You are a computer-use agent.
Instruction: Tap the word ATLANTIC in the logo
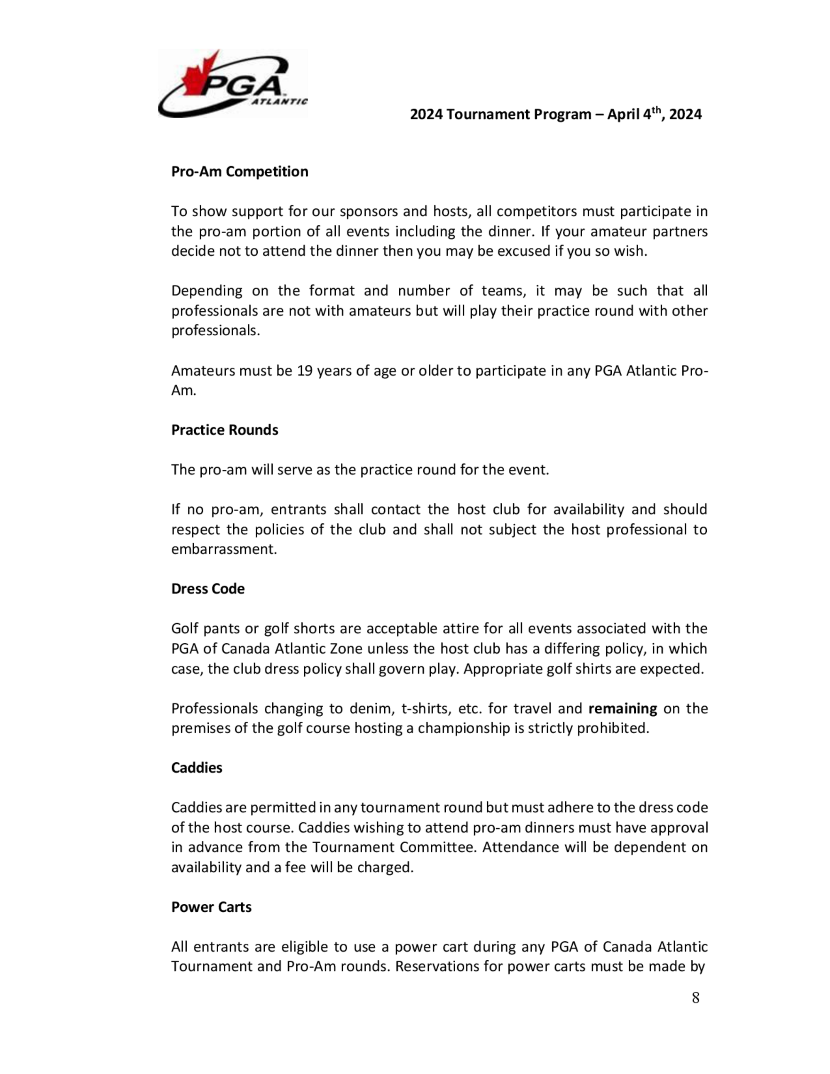click(x=279, y=102)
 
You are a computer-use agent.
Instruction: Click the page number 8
click(x=695, y=998)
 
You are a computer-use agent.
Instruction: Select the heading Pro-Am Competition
click(x=239, y=172)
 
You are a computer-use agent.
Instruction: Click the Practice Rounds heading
click(x=224, y=430)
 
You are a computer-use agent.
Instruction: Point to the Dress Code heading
click(x=207, y=588)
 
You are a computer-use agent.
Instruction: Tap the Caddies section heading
click(x=196, y=768)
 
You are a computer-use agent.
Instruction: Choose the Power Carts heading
click(x=211, y=907)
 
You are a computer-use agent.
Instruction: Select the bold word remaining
click(x=622, y=709)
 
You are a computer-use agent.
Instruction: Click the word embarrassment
click(x=224, y=549)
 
